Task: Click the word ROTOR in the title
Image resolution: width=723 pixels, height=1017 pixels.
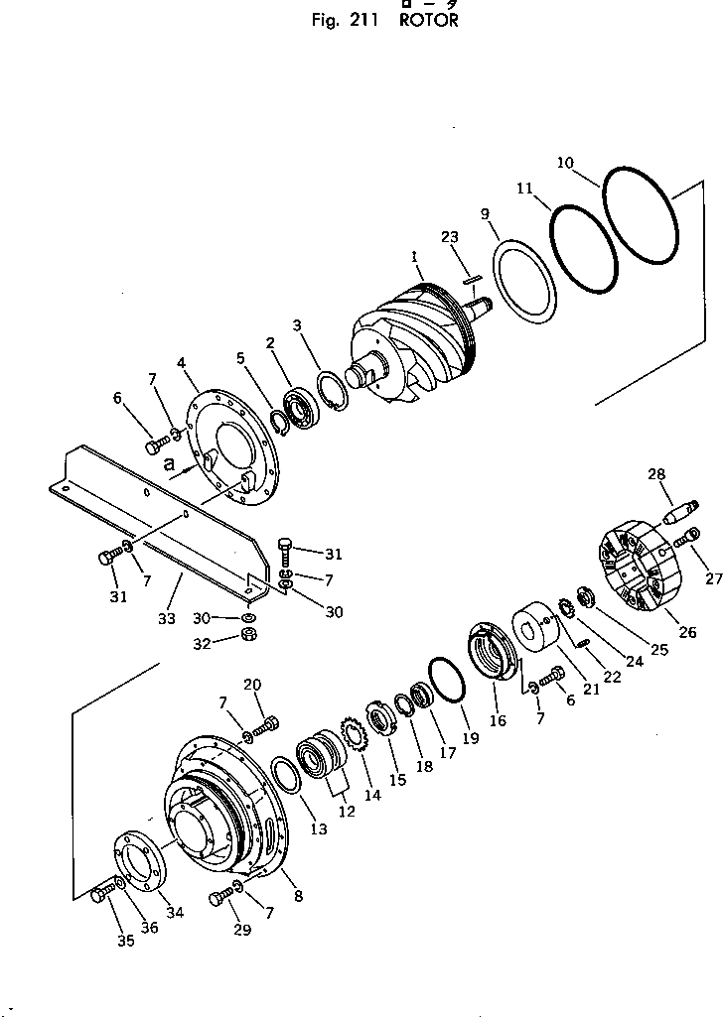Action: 429,20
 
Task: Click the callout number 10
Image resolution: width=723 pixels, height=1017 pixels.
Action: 565,163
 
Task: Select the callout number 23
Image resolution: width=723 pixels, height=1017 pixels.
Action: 450,237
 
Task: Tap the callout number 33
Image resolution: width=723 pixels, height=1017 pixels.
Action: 166,617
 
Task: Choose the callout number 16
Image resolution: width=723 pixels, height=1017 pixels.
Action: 498,719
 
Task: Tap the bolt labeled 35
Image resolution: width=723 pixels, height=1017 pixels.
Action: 99,895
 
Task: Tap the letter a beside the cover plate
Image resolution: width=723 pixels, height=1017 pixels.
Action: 171,462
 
